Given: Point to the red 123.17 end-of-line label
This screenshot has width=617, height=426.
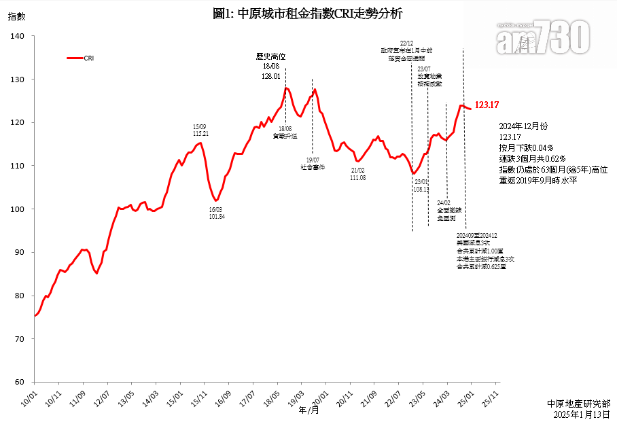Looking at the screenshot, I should [487, 105].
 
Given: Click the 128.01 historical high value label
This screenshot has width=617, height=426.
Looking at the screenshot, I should [270, 77].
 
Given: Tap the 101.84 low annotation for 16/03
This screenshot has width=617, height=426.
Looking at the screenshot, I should [217, 216].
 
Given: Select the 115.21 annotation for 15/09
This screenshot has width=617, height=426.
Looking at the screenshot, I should [200, 134].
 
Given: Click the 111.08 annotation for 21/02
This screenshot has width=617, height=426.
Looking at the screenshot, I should [358, 177].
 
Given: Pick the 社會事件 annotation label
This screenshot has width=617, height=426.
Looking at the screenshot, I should [313, 166].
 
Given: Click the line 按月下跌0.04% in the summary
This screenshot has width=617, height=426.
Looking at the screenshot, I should [526, 147].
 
